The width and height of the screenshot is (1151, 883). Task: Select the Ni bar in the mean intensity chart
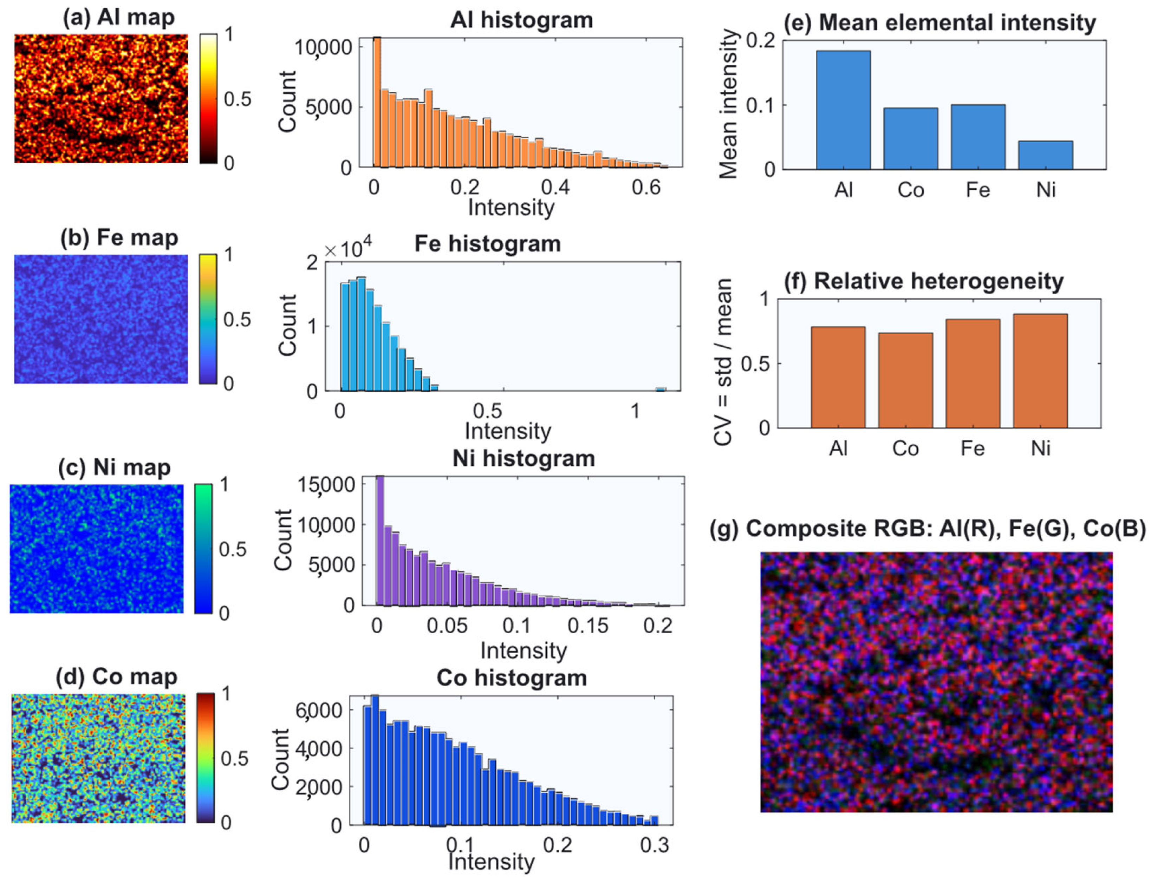pyautogui.click(x=1045, y=155)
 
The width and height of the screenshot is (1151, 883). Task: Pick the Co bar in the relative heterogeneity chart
pyautogui.click(x=905, y=380)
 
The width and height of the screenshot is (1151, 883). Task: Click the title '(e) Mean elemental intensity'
pyautogui.click(x=939, y=22)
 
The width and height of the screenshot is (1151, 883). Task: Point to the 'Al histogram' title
pyautogui.click(x=522, y=20)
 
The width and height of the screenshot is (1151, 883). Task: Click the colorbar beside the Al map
pyautogui.click(x=208, y=99)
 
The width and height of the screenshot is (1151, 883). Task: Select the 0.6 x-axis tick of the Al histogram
pyautogui.click(x=646, y=188)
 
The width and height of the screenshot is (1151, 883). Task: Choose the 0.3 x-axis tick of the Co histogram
pyautogui.click(x=654, y=845)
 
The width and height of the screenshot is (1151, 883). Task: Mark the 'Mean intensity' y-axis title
pyautogui.click(x=728, y=104)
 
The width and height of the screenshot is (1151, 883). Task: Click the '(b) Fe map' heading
pyautogui.click(x=119, y=237)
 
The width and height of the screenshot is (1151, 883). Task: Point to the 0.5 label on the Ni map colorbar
pyautogui.click(x=232, y=549)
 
